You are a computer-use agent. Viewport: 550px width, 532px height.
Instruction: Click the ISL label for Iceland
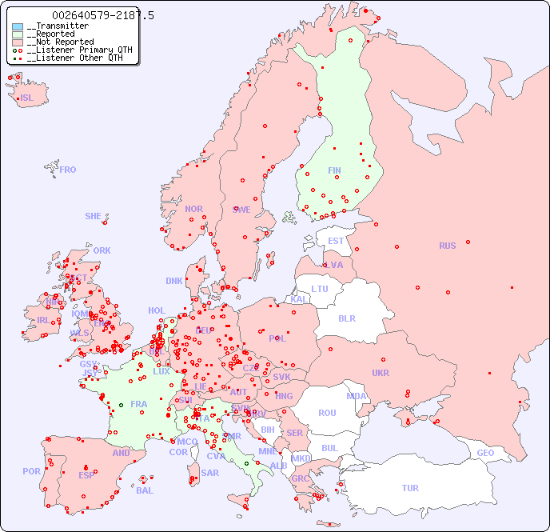coord(27,98)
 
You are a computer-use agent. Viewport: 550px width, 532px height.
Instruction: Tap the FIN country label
coord(334,170)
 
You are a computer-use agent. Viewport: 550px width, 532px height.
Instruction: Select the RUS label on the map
coord(447,246)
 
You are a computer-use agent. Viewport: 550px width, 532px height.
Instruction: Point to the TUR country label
coord(410,488)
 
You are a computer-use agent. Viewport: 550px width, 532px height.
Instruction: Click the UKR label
coord(381,373)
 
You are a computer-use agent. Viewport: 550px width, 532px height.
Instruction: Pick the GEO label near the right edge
coord(485,453)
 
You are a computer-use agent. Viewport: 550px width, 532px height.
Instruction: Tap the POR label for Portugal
coord(31,471)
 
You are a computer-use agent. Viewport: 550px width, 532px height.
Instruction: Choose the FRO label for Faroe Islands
coord(68,170)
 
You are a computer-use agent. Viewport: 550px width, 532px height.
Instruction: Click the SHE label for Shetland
coord(94,216)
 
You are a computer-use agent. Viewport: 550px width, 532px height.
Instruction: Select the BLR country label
coord(347,318)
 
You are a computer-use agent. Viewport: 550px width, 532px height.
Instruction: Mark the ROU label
coord(327,413)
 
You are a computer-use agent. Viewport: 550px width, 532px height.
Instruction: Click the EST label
coord(336,241)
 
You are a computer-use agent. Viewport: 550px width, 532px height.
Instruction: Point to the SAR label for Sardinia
coord(209,473)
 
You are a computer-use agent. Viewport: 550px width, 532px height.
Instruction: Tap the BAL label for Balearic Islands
coord(145,490)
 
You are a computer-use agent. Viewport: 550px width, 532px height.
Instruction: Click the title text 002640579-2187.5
coord(103,15)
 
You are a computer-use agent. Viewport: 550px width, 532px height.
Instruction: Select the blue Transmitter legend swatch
coord(18,26)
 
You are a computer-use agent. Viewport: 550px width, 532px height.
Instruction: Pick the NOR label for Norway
coord(193,209)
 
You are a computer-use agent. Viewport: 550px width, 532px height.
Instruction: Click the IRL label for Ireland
coord(42,319)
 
